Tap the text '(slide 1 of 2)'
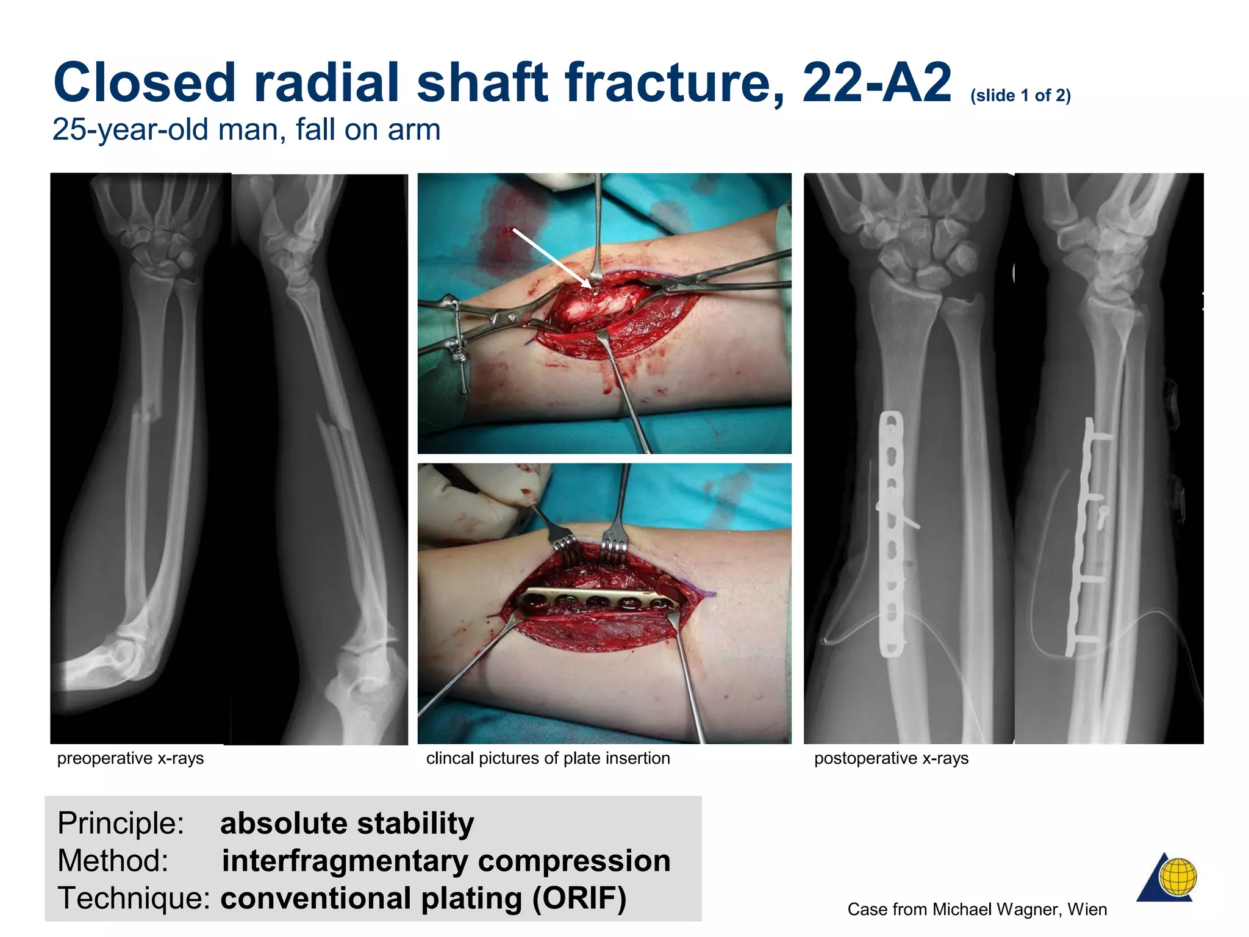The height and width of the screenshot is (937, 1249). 1020,96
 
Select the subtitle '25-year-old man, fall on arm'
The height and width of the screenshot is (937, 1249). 246,130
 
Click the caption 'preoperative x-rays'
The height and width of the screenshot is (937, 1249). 131,758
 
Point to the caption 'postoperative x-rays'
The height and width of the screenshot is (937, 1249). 891,758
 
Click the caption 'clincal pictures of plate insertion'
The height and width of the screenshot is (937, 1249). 548,758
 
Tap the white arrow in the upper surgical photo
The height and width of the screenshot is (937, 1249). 551,257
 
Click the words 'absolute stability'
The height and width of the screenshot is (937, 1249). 347,824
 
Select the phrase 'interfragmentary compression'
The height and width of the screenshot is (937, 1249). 446,861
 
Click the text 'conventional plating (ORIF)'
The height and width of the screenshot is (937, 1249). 423,899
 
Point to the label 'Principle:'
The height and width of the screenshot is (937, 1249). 121,824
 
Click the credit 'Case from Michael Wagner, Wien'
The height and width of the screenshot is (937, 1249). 977,910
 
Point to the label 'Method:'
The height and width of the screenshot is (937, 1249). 113,861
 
